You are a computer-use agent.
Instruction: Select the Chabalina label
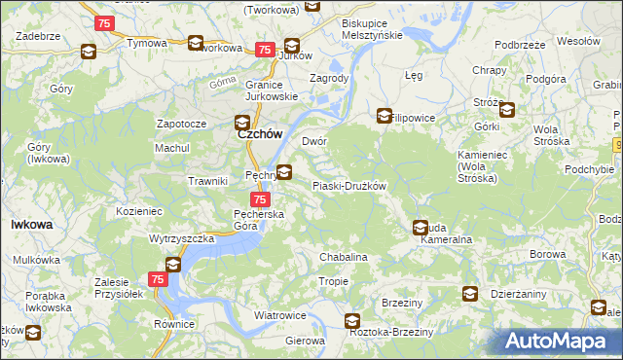coord(344,257)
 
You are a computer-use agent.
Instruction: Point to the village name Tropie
coord(333,281)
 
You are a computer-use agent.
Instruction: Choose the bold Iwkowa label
coord(31,224)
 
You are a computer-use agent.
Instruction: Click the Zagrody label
coord(328,78)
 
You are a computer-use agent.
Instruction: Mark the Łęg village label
coord(413,74)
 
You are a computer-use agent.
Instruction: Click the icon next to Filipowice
coord(385,115)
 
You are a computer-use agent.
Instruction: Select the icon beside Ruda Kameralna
coord(421,228)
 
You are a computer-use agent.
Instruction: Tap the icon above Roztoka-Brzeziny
coord(352,320)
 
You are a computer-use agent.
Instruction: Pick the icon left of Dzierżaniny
coord(470,294)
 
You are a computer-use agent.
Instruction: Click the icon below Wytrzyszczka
coord(173,264)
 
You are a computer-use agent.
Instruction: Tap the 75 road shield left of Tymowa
coord(105,22)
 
